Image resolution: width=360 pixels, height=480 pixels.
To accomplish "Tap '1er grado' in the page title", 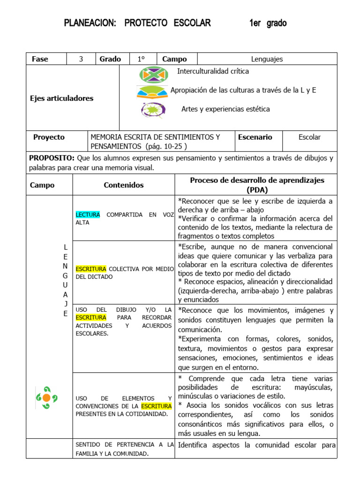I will (x=268, y=23).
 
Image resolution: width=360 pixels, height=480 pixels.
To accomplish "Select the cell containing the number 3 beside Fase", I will (x=81, y=59).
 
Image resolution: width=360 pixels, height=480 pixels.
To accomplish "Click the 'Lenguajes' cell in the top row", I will (x=267, y=59).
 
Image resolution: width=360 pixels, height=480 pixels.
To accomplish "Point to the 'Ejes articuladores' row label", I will (x=61, y=98).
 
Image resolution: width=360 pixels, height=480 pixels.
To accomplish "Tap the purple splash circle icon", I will (x=153, y=110).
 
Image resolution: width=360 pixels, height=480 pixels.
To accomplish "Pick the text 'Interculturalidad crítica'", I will (x=213, y=71).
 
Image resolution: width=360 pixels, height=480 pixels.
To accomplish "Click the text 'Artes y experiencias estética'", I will (x=225, y=109).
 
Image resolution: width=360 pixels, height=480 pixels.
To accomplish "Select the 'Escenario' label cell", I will (x=255, y=137).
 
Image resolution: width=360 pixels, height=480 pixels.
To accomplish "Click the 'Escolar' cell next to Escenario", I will (x=309, y=137).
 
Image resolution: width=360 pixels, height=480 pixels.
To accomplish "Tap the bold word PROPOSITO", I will (x=52, y=158).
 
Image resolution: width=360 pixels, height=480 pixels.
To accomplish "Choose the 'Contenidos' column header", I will (x=123, y=185).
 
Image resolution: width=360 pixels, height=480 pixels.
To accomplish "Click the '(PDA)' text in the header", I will (x=256, y=190).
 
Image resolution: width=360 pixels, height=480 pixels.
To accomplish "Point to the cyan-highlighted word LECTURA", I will (x=88, y=215).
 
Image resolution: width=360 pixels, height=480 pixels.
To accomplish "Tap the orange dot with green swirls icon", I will (x=46, y=397).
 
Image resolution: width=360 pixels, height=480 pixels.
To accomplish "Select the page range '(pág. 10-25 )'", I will (x=166, y=146).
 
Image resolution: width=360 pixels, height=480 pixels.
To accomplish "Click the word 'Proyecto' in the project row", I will (x=49, y=137).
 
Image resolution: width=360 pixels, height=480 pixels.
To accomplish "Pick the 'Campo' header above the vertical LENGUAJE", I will (x=42, y=185).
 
